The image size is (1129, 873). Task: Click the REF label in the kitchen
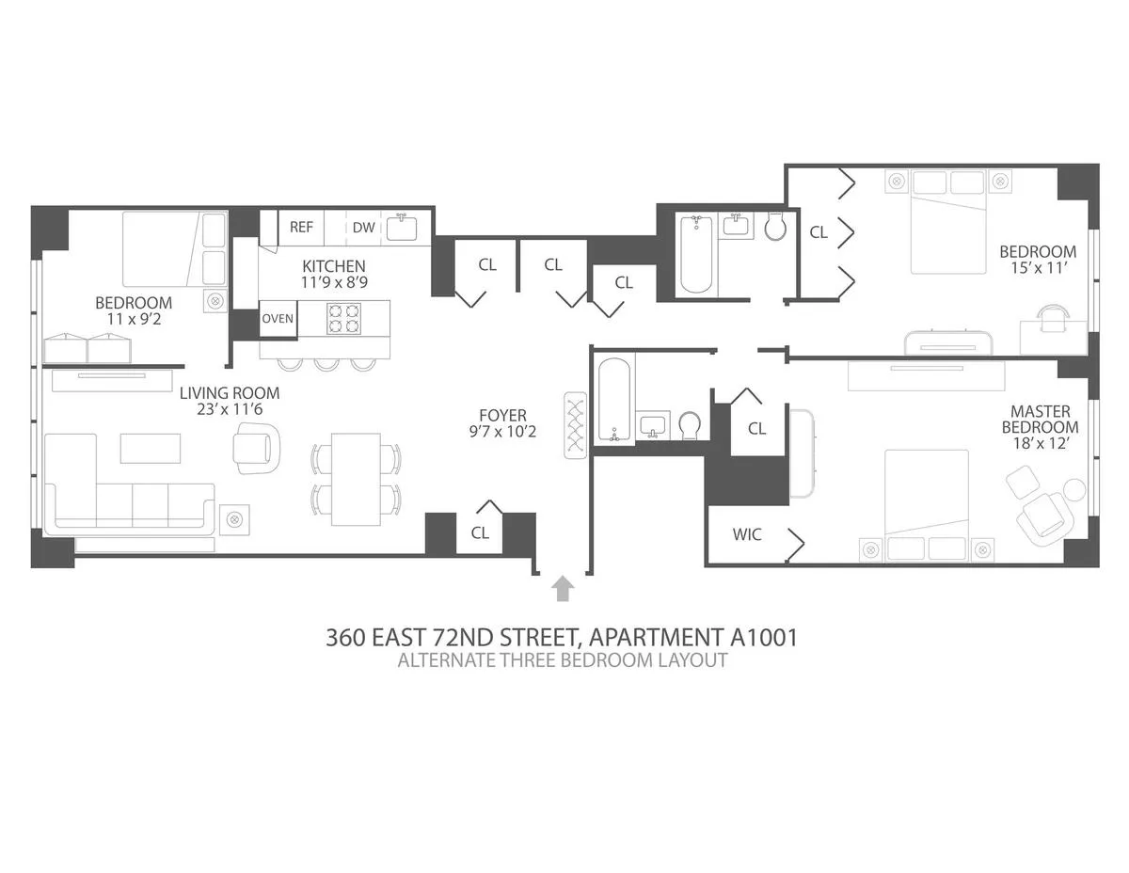point(301,227)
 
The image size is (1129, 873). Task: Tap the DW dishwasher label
point(363,227)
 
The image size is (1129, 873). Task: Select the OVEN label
point(278,318)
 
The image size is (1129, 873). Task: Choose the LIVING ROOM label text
point(230,393)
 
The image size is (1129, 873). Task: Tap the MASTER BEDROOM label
point(1040,420)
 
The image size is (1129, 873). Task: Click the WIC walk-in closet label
point(747,534)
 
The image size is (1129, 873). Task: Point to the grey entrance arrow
point(563,588)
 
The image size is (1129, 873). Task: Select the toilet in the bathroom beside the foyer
point(690,426)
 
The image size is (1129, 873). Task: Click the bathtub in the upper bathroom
point(696,254)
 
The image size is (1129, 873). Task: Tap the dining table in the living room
point(357,480)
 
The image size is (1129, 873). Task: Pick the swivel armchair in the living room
point(257,447)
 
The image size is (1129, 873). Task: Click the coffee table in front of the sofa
point(150,448)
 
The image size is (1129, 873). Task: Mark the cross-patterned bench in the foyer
point(575,424)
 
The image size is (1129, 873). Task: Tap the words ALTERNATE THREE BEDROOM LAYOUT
point(562,659)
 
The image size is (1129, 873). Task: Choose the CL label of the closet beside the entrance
point(480,532)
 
